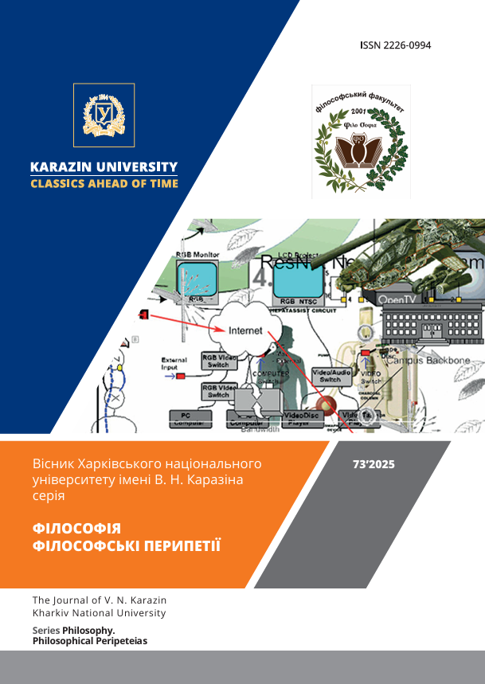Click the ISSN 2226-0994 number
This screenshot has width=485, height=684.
click(395, 45)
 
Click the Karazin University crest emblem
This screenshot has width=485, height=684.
click(104, 115)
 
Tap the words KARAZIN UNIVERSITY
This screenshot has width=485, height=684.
click(104, 167)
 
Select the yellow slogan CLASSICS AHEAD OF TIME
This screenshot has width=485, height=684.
click(104, 184)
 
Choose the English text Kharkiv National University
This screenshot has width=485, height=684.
click(99, 613)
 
